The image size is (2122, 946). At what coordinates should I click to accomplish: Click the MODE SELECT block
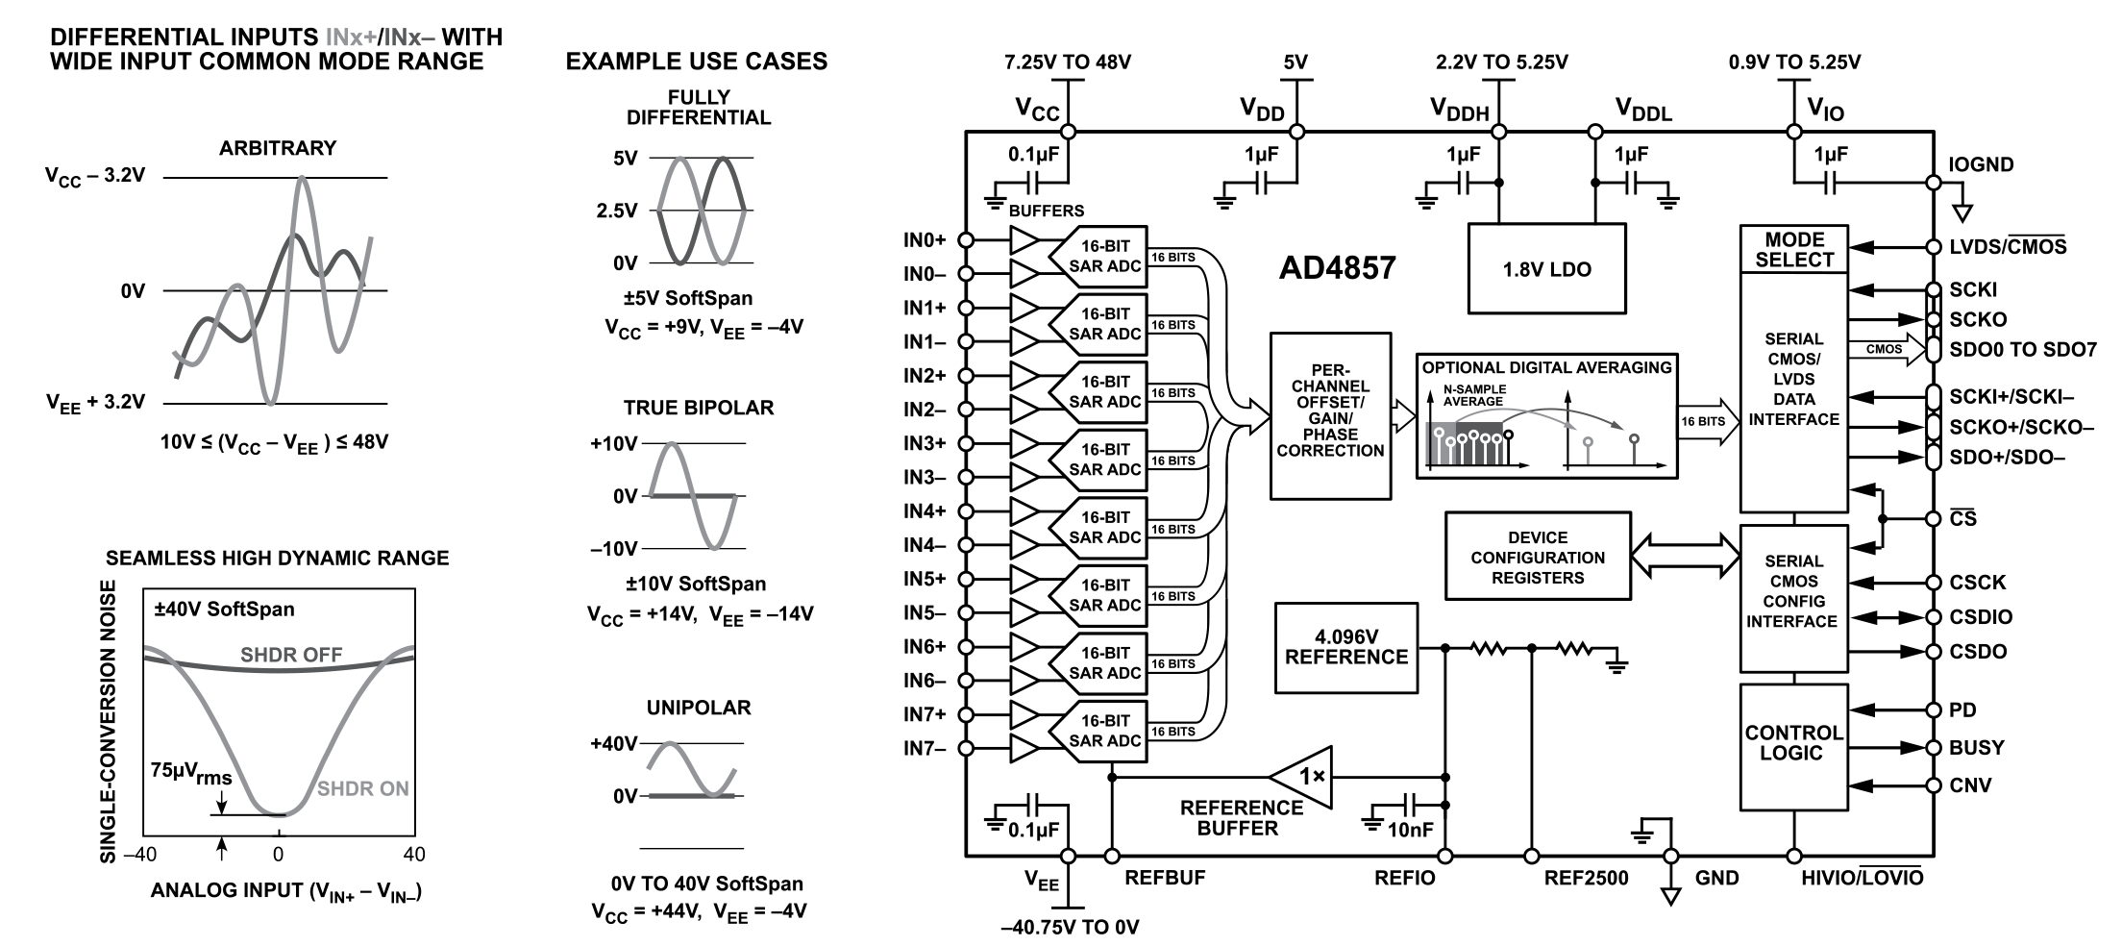click(1793, 250)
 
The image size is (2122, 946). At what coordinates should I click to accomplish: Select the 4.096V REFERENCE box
click(1345, 647)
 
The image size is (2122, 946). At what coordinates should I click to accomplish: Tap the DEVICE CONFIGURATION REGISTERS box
click(1537, 557)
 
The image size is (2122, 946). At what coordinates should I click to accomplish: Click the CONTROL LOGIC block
click(1793, 746)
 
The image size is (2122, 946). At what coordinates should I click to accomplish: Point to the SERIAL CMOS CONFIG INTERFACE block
click(1793, 597)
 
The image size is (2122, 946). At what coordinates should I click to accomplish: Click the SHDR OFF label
click(291, 656)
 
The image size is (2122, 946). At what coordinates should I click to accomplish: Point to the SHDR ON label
click(362, 789)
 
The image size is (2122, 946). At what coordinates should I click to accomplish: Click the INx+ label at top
click(351, 38)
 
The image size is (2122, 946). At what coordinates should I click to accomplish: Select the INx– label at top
click(409, 38)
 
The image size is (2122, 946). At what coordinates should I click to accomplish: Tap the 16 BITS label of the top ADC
click(1173, 258)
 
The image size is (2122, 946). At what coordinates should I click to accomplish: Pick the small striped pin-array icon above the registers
click(1464, 442)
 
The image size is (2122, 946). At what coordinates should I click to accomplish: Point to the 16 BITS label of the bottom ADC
click(1173, 732)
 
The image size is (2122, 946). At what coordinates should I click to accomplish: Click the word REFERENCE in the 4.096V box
click(1345, 658)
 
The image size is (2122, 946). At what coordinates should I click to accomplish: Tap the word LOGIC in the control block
click(1791, 754)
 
